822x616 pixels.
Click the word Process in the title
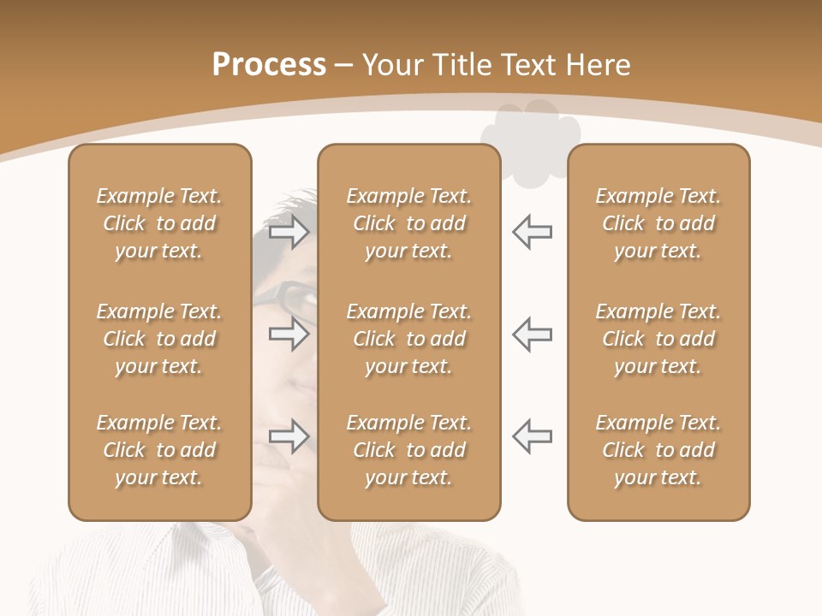(269, 65)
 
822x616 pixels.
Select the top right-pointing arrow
(289, 231)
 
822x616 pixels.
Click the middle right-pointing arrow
(289, 334)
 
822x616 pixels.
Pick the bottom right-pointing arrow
(289, 436)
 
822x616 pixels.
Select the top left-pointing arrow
(532, 231)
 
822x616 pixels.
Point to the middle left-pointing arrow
(532, 334)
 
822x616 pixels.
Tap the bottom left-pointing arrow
(532, 436)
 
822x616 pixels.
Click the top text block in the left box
(159, 223)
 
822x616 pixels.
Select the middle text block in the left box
(159, 339)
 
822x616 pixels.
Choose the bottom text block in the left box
(159, 450)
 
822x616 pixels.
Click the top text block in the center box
(409, 223)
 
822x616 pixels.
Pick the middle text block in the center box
(409, 339)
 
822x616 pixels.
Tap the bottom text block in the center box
(409, 450)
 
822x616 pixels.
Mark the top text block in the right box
(658, 223)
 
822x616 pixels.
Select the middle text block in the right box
(658, 339)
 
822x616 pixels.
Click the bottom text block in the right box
(658, 450)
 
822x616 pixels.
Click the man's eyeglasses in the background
(291, 299)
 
